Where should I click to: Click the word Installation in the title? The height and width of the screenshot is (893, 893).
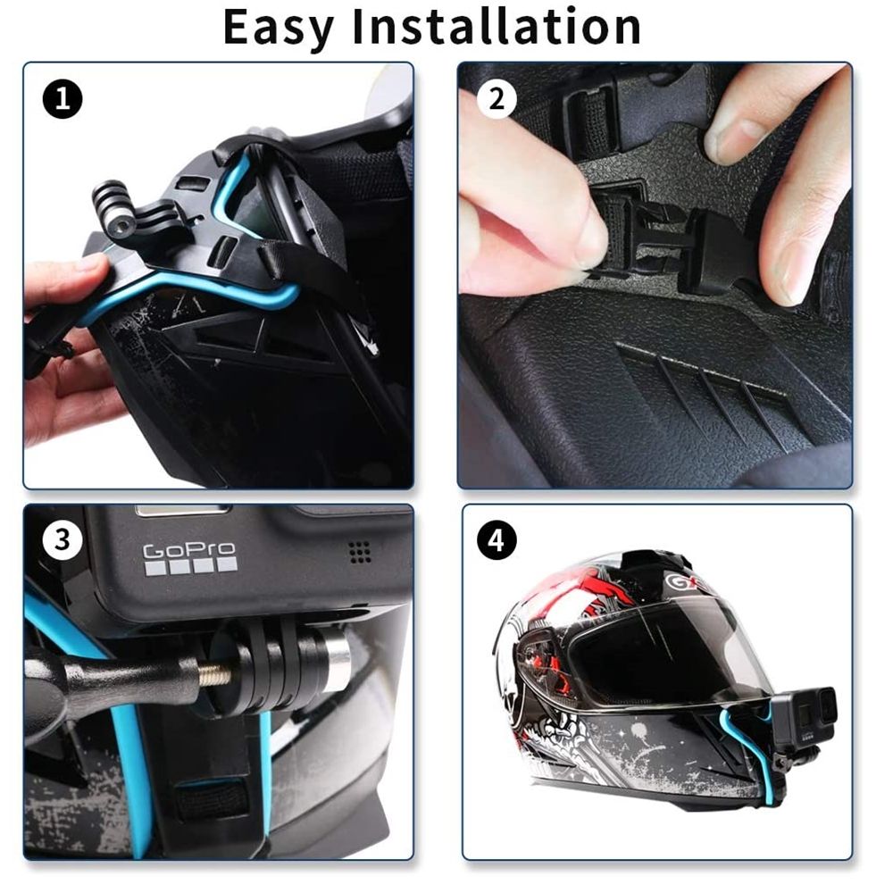(x=496, y=27)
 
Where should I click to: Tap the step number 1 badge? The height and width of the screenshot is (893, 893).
(x=62, y=99)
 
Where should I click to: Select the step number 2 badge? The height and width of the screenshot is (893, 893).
(x=497, y=98)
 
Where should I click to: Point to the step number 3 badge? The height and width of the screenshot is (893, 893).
(x=62, y=540)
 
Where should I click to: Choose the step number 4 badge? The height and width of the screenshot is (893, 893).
(x=497, y=540)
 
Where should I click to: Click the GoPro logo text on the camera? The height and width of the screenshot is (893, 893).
(x=189, y=550)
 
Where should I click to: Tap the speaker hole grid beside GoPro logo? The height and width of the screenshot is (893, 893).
(x=360, y=553)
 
